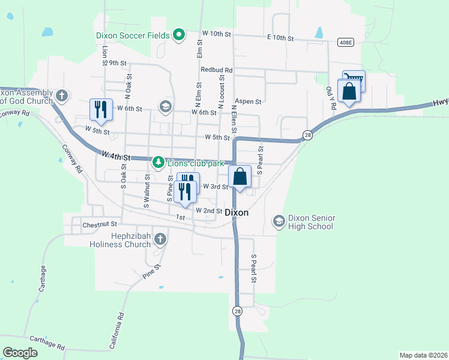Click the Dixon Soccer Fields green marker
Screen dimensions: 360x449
tap(178, 35)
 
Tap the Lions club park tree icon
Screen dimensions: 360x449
tap(158, 163)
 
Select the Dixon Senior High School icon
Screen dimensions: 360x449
tap(279, 221)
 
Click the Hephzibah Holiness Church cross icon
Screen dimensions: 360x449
tap(160, 240)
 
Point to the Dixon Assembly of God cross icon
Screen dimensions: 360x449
tap(61, 96)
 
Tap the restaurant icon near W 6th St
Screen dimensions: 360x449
tap(100, 109)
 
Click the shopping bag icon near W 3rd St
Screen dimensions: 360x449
tap(240, 176)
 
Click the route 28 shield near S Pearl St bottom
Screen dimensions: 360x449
tap(238, 311)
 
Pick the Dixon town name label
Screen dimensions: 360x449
tap(237, 212)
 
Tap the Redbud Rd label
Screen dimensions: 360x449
tap(217, 70)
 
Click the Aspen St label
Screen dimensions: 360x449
tap(249, 102)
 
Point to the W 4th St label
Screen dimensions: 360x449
tap(116, 155)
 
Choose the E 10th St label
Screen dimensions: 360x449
tap(280, 38)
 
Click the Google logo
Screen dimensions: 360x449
tap(20, 353)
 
